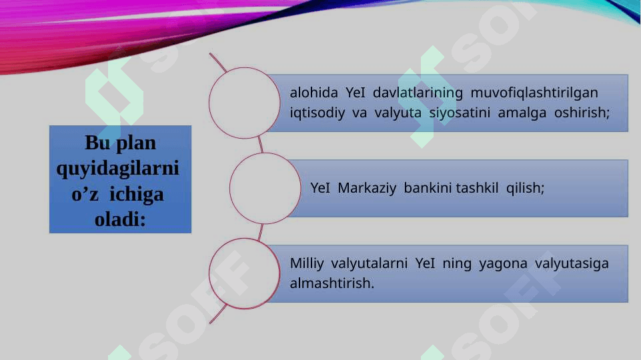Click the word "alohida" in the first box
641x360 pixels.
[x=313, y=93]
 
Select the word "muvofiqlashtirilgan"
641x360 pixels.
[x=534, y=93]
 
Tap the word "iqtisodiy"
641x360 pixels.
[x=317, y=113]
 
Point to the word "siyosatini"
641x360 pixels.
[x=460, y=113]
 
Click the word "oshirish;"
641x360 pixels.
[x=582, y=113]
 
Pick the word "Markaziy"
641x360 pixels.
[x=367, y=188]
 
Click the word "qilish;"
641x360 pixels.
[x=526, y=188]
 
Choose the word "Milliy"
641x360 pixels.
[x=307, y=263]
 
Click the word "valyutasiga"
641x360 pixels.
[x=572, y=263]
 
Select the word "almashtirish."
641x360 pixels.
[x=332, y=283]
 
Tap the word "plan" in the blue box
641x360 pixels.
[x=136, y=143]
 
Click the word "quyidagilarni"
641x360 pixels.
[x=118, y=169]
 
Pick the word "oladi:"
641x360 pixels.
[x=120, y=220]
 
